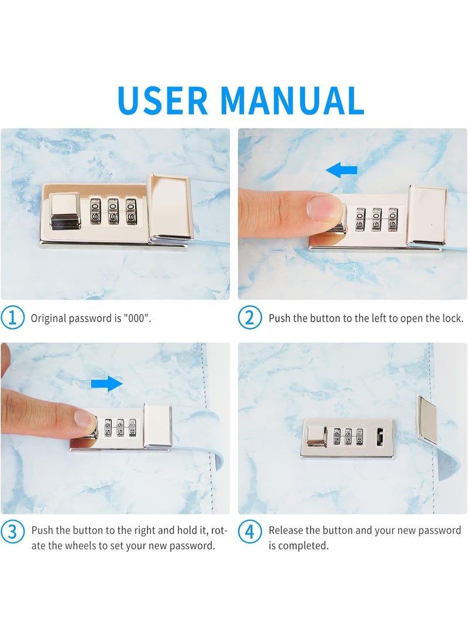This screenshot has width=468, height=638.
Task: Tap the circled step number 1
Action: pos(12,318)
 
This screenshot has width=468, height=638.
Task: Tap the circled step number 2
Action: pos(249,318)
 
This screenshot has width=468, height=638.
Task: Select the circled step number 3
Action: pos(12,532)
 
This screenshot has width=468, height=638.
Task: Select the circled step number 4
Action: pos(249,532)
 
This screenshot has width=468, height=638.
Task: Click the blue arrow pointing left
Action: pos(342,170)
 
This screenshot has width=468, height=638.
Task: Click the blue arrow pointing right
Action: pos(106,383)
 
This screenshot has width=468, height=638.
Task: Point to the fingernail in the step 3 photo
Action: pos(85,418)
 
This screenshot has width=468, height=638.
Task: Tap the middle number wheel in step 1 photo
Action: pos(113,211)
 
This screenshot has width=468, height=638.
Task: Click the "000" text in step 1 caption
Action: pos(137,318)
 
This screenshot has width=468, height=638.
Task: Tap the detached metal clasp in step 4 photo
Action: pos(427,419)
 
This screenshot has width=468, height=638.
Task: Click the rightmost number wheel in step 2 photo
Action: pos(393,220)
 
